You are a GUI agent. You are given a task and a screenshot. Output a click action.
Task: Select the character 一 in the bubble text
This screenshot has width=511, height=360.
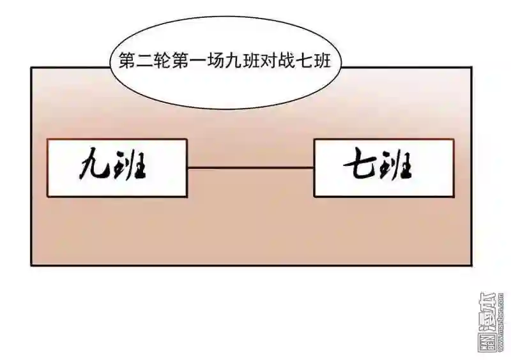[x=195, y=61]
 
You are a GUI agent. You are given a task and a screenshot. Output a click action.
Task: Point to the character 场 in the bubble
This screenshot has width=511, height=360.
[x=213, y=61]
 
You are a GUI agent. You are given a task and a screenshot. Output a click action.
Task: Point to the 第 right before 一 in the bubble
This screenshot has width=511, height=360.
[x=178, y=61]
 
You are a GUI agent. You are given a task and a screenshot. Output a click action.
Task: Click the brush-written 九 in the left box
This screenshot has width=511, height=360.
[x=92, y=168]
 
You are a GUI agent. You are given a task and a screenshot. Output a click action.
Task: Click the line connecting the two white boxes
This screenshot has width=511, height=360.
[x=250, y=168]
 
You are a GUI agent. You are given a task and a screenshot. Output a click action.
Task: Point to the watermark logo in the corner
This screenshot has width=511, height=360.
[x=491, y=323]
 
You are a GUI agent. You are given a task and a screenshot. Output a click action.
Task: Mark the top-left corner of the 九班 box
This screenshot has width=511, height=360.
[x=47, y=139]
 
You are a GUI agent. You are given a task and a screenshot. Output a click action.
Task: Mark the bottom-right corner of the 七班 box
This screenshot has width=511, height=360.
[x=454, y=197]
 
